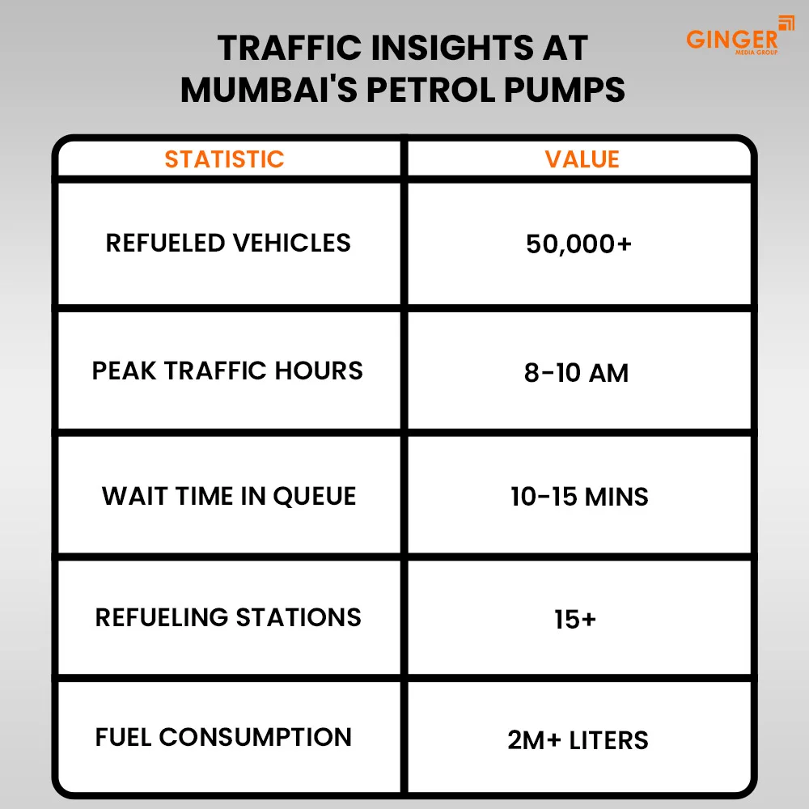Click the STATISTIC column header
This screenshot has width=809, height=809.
tap(224, 159)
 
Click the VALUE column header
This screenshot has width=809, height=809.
tap(582, 159)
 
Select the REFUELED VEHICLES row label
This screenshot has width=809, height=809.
tap(228, 243)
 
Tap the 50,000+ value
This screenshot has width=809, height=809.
tap(578, 244)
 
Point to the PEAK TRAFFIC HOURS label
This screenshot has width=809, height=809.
tap(227, 371)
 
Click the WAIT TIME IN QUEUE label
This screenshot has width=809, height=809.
tap(229, 496)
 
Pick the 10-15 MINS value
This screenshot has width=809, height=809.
tap(579, 497)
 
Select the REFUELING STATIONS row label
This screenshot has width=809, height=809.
tap(228, 617)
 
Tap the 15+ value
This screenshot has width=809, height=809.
tap(575, 620)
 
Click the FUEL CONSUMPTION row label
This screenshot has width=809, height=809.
tap(223, 737)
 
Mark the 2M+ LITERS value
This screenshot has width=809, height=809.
tap(578, 740)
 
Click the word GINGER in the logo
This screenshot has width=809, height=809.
tap(731, 38)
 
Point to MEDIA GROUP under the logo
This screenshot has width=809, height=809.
tap(757, 53)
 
